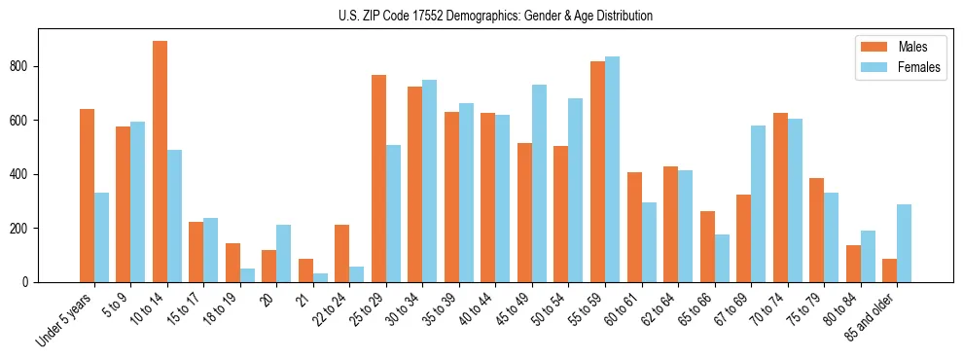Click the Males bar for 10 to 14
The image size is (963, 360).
pyautogui.click(x=160, y=162)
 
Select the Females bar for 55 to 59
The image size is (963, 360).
pyautogui.click(x=612, y=169)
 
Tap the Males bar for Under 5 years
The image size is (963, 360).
pyautogui.click(x=87, y=196)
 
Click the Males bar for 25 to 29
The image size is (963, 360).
pyautogui.click(x=378, y=178)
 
